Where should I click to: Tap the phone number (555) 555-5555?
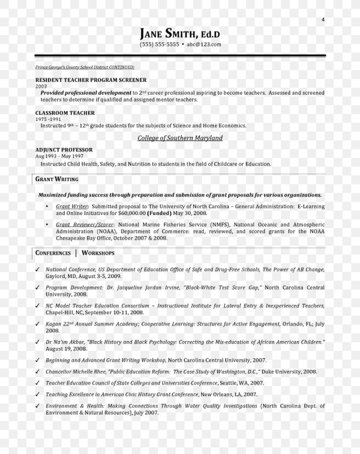click(x=159, y=44)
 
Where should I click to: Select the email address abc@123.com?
click(x=204, y=44)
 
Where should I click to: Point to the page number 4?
click(x=323, y=19)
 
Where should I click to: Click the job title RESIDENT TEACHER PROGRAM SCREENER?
click(x=91, y=80)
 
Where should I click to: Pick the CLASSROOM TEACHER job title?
click(x=65, y=113)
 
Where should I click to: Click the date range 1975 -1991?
click(x=48, y=119)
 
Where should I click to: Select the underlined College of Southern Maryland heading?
click(x=180, y=138)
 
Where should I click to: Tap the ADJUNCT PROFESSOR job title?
click(x=64, y=150)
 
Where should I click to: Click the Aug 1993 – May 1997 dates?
click(x=59, y=156)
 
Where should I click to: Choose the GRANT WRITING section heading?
click(x=57, y=179)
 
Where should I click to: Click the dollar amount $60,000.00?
click(x=131, y=213)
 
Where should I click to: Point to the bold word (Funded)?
click(x=159, y=213)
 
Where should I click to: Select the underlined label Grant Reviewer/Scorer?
click(x=84, y=225)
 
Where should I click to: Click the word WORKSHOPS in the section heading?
click(x=98, y=253)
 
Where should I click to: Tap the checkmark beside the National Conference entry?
click(x=37, y=270)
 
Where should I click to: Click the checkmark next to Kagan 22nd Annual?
click(x=37, y=324)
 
